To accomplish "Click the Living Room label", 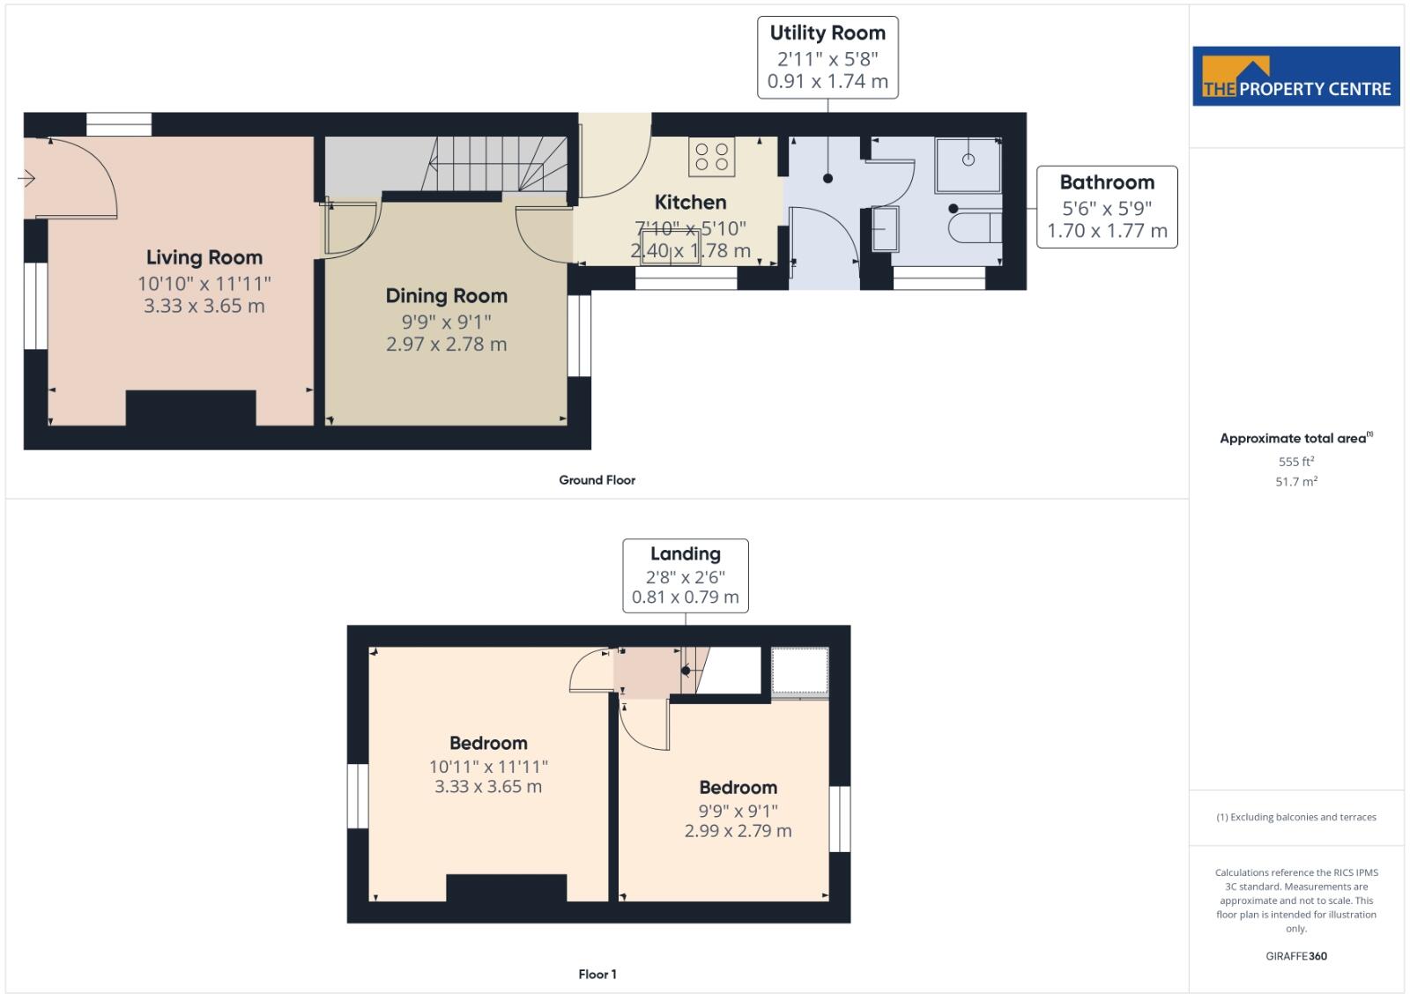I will click(204, 257).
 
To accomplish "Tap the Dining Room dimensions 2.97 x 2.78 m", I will click(446, 345).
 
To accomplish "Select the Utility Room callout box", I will click(827, 57).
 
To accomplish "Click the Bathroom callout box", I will click(1107, 207).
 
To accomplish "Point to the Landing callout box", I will click(686, 575).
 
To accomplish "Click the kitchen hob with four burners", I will click(712, 157).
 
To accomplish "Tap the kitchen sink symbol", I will click(671, 246).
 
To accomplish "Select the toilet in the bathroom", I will click(974, 227).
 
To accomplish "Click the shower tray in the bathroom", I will click(968, 164).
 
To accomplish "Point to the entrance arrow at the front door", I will click(26, 179).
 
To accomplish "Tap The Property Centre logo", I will click(1295, 77).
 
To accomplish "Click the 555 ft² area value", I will click(1295, 462).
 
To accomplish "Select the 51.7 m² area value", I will click(1295, 482).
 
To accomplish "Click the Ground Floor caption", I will click(597, 480).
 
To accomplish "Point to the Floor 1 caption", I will click(597, 975).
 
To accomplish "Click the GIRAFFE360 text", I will click(1295, 956).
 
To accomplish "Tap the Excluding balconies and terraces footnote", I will click(1295, 818).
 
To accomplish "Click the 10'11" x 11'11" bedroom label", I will click(488, 766).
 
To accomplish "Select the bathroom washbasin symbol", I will click(884, 229).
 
